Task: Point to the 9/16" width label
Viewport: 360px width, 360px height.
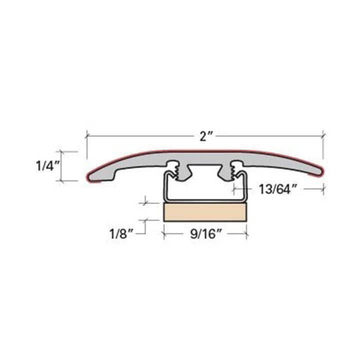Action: [205, 233]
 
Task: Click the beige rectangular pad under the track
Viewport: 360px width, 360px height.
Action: [205, 212]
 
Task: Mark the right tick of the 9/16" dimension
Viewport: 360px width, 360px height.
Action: [246, 233]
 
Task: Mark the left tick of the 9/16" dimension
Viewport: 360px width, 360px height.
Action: [163, 233]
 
